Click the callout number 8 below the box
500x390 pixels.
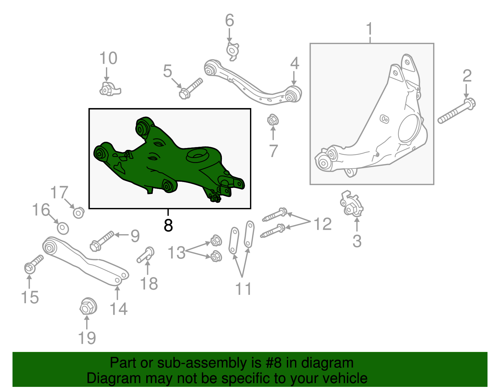168,225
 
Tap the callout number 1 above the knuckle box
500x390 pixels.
369,29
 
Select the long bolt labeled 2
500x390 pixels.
456,111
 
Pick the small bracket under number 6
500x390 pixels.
232,51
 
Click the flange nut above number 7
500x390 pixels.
272,120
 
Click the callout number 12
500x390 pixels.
322,224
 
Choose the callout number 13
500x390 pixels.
177,252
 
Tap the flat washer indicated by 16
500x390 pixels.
63,228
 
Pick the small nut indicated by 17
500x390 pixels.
78,213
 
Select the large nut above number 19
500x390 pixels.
87,307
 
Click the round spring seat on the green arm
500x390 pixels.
197,155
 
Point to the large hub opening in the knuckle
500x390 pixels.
408,128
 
